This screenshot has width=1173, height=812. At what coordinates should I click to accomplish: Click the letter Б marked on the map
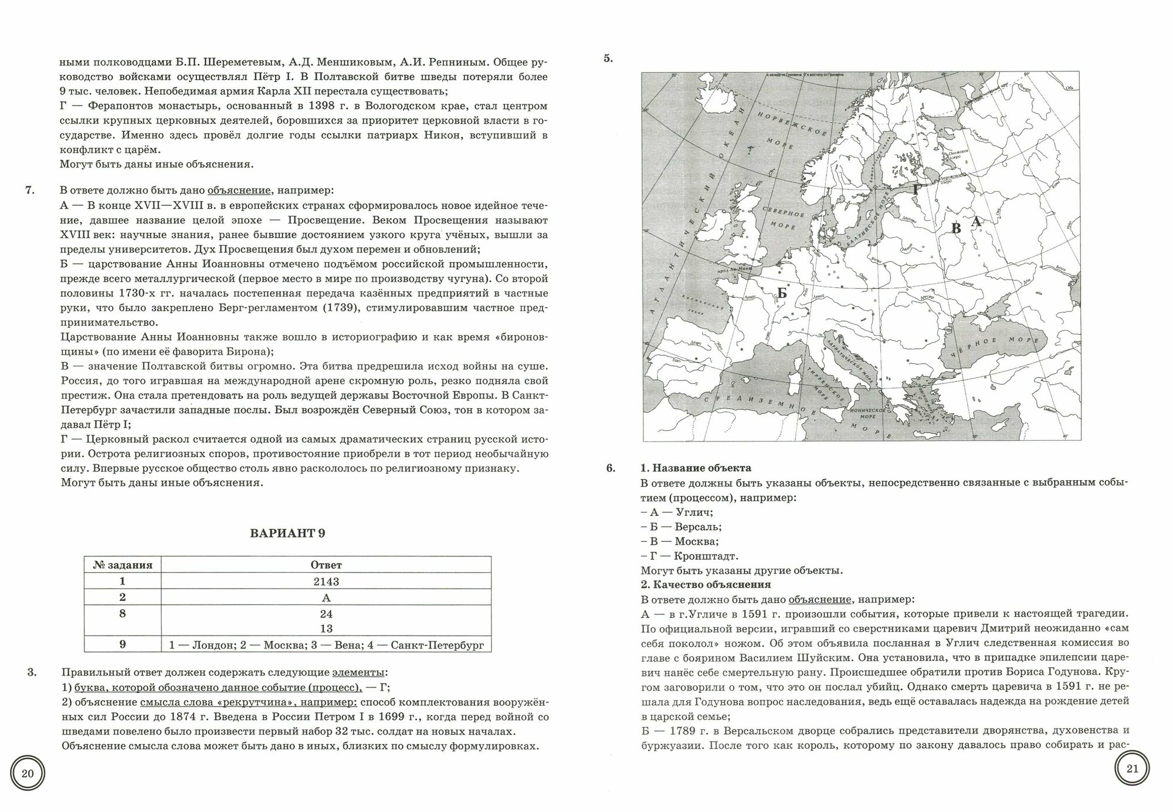[x=781, y=293]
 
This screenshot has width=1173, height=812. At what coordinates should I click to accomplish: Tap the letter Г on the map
[x=917, y=189]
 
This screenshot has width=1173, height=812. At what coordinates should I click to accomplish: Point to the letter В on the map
[x=955, y=229]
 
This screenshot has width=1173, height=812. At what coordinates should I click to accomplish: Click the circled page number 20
[x=28, y=773]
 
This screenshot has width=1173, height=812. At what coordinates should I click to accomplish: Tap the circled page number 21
[x=1132, y=769]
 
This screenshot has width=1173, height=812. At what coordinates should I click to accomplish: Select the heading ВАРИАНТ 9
[x=287, y=534]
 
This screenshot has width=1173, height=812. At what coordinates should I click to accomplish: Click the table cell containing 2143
[x=326, y=582]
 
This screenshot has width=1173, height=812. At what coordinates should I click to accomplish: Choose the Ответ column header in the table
[x=326, y=565]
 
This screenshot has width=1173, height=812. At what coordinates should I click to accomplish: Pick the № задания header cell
[x=123, y=565]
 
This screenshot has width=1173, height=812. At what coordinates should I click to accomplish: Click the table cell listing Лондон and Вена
[x=326, y=645]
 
